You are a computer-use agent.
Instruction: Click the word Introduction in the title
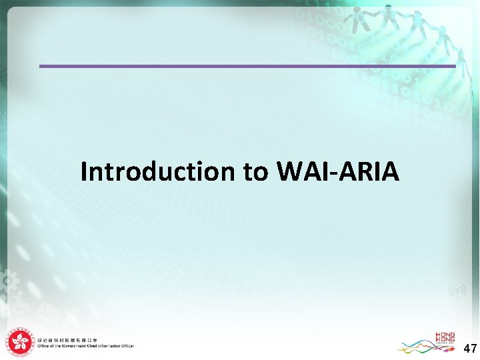tap(157, 171)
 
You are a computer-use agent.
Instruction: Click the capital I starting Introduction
tap(84, 171)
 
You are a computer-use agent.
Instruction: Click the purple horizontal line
tap(247, 66)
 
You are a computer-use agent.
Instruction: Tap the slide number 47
tap(469, 348)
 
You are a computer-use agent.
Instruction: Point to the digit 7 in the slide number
tap(473, 348)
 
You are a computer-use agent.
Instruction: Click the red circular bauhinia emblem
tap(20, 343)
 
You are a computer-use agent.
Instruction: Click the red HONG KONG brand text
tap(445, 338)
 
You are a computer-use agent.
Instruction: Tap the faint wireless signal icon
tap(457, 291)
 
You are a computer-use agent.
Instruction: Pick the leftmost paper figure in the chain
tap(354, 19)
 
